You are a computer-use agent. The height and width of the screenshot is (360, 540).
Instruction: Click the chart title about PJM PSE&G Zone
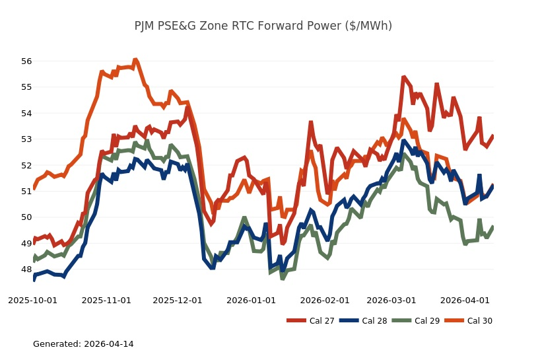coord(263,26)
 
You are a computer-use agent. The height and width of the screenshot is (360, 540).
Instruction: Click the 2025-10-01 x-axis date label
coord(32,300)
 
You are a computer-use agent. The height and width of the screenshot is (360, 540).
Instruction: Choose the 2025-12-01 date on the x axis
coord(178,300)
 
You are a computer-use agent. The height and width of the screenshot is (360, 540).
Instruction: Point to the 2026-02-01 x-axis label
coord(325,300)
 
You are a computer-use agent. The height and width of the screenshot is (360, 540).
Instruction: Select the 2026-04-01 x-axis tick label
coord(465,300)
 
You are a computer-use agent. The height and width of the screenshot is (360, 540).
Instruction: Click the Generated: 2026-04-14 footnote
coord(83,344)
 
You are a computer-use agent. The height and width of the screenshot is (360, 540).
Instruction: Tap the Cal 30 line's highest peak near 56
coord(135,60)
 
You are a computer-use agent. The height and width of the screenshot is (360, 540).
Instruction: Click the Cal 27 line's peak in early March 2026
coord(403,77)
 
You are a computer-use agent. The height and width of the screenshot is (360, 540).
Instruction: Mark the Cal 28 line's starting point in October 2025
coord(34,279)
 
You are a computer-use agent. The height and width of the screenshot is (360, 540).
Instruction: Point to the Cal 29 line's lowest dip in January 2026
coord(283,278)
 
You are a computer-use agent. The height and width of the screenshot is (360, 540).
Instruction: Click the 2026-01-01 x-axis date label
coord(252,300)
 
